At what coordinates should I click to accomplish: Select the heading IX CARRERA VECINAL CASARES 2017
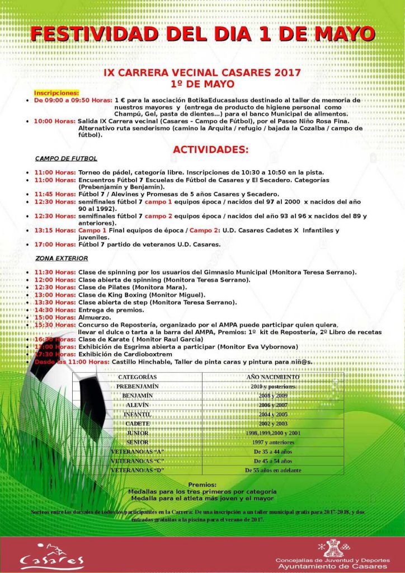pyautogui.click(x=202, y=73)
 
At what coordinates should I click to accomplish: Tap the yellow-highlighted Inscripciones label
pyautogui.click(x=56, y=92)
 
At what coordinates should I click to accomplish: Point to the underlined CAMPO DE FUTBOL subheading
pyautogui.click(x=66, y=159)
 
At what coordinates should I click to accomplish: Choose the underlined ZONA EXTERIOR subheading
pyautogui.click(x=62, y=258)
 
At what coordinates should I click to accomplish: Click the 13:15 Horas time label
pyautogui.click(x=55, y=231)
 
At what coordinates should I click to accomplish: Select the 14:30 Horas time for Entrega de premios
pyautogui.click(x=55, y=310)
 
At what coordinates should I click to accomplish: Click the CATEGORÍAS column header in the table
pyautogui.click(x=137, y=377)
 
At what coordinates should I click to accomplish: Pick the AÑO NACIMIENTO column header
pyautogui.click(x=273, y=377)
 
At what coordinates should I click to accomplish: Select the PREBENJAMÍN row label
pyautogui.click(x=138, y=386)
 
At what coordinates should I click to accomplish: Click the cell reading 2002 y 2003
pyautogui.click(x=273, y=424)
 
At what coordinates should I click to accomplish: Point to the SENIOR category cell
pyautogui.click(x=138, y=442)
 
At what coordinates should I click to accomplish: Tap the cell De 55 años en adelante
pyautogui.click(x=273, y=471)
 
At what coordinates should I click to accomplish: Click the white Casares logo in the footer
pyautogui.click(x=51, y=556)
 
